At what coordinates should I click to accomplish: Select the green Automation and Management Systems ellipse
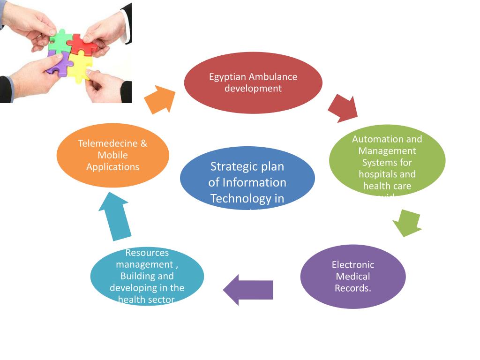coord(387,159)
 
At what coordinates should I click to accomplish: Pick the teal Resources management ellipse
coord(147,277)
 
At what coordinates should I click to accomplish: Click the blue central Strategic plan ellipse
coord(247,178)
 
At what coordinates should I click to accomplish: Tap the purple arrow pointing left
coord(249,290)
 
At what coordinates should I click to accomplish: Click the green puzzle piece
coord(60,41)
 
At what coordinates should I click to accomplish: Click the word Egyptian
coord(227,77)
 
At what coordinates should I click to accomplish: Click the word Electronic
coord(353,265)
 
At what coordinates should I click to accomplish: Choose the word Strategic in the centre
coord(232,166)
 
